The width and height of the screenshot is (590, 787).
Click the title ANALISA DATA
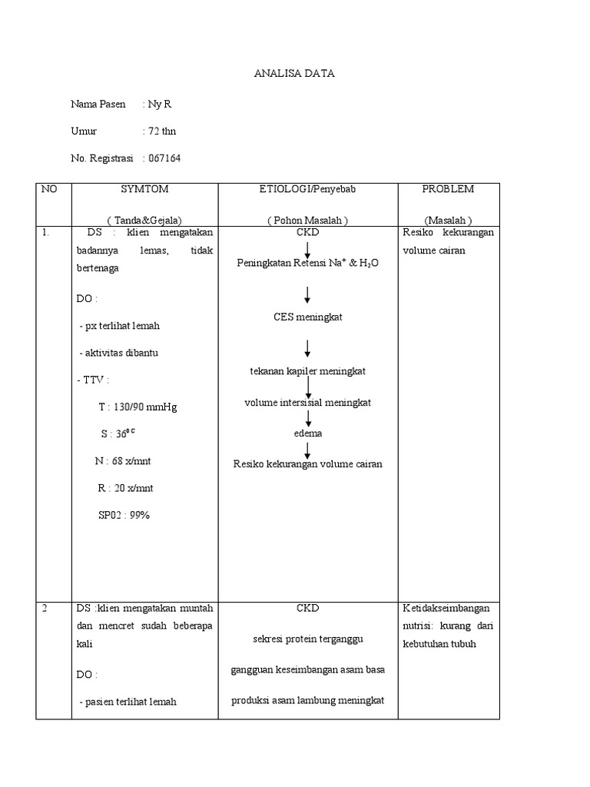pyautogui.click(x=294, y=74)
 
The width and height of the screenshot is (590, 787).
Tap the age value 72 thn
pyautogui.click(x=162, y=131)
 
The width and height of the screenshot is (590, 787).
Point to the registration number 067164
pyautogui.click(x=164, y=158)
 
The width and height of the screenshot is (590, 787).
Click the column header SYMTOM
pyautogui.click(x=144, y=189)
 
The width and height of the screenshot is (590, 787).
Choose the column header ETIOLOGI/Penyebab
pyautogui.click(x=307, y=189)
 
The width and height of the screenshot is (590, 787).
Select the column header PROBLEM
pyautogui.click(x=448, y=189)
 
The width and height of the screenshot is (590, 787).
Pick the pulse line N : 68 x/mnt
pyautogui.click(x=122, y=461)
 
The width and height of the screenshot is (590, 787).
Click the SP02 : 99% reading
pyautogui.click(x=124, y=515)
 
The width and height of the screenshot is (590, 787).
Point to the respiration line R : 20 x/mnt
pyautogui.click(x=123, y=488)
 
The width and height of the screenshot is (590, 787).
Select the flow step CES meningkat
pyautogui.click(x=307, y=317)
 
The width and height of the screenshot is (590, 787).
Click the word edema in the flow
pyautogui.click(x=308, y=433)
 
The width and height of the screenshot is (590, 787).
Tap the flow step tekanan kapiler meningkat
pyautogui.click(x=308, y=370)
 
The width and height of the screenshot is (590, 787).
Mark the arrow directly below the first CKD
pyautogui.click(x=307, y=250)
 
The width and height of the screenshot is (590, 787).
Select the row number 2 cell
pyautogui.click(x=45, y=608)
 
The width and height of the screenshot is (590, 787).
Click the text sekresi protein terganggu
pyautogui.click(x=307, y=639)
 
